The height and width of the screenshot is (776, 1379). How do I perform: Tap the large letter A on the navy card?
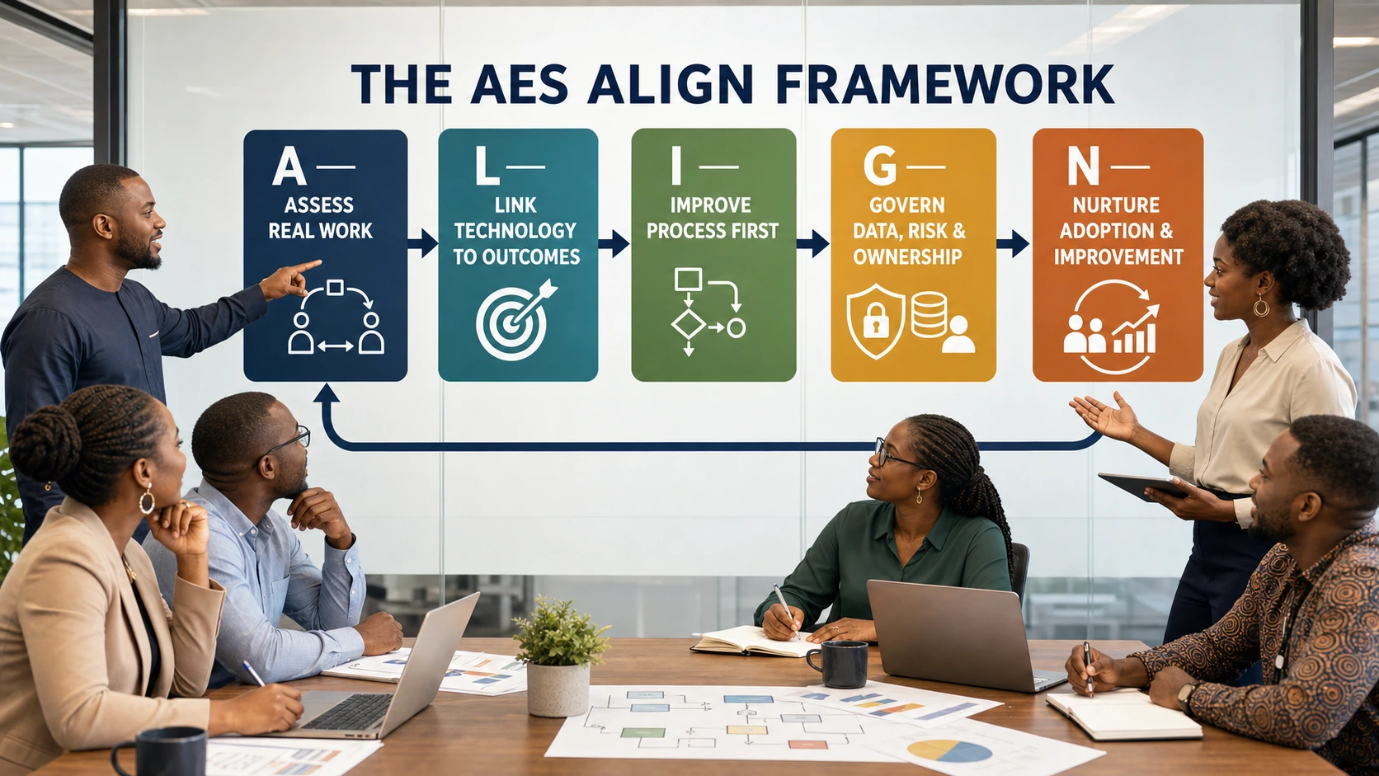coord(289,166)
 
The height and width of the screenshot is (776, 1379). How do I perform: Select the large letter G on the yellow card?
coord(880,166)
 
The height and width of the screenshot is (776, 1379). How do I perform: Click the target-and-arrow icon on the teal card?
coord(516,319)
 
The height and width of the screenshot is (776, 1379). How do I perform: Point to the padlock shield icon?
coord(875,321)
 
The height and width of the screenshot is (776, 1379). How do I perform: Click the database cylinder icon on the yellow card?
coord(929,314)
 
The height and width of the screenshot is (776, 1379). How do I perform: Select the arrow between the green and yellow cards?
coord(812,243)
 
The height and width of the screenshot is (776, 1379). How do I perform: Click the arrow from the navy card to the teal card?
coord(422,243)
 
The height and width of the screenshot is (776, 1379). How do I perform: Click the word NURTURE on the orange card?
coord(1116,205)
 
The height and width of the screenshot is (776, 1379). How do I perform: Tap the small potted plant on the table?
coord(559,656)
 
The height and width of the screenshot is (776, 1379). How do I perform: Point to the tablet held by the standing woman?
coord(1144,487)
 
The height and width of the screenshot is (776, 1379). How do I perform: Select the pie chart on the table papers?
coord(949,750)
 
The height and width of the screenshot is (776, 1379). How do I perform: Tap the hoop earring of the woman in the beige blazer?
coord(147,501)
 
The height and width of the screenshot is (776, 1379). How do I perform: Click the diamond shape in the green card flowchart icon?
coord(689,324)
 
